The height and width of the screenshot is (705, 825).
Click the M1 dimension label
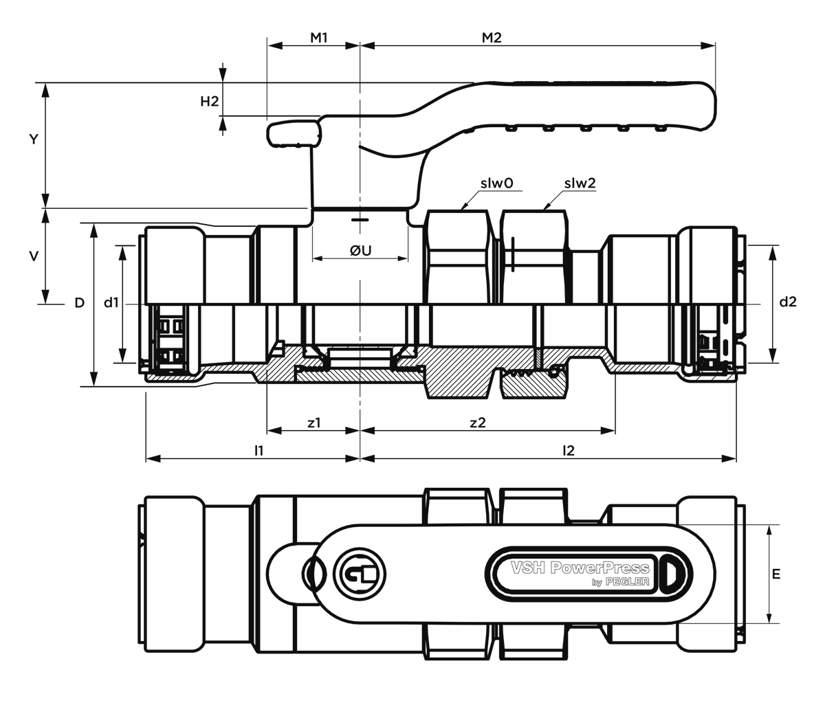pyautogui.click(x=319, y=38)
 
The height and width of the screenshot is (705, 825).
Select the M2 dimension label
pyautogui.click(x=492, y=38)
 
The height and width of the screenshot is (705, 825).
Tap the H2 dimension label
pyautogui.click(x=210, y=102)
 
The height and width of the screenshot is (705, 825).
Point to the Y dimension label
pyautogui.click(x=34, y=139)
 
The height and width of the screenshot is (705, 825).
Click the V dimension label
pyautogui.click(x=34, y=256)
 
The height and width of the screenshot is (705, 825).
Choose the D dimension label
pyautogui.click(x=80, y=303)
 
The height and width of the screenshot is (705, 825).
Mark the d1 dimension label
pyautogui.click(x=111, y=302)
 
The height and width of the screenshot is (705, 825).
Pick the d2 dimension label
pyautogui.click(x=788, y=302)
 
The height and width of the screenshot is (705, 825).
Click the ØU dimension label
pyautogui.click(x=360, y=251)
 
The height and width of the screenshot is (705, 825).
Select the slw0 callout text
pyautogui.click(x=496, y=183)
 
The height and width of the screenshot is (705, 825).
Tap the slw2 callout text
pyautogui.click(x=580, y=183)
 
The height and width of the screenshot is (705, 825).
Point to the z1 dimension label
pyautogui.click(x=314, y=423)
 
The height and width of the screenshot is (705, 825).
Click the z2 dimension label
pyautogui.click(x=477, y=423)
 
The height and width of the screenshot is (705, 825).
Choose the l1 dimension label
pyautogui.click(x=259, y=451)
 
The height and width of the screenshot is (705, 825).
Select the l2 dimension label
pyautogui.click(x=569, y=451)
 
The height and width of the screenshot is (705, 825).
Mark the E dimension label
pyautogui.click(x=776, y=574)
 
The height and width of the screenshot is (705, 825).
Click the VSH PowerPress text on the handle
pyautogui.click(x=580, y=568)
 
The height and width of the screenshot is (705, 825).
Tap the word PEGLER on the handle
pyautogui.click(x=628, y=582)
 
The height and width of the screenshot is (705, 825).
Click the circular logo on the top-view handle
pyautogui.click(x=359, y=574)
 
